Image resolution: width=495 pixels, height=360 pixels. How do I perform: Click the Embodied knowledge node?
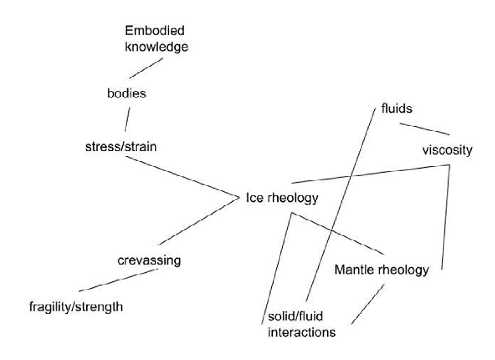point(156,39)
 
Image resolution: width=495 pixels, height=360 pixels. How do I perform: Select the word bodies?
point(127,93)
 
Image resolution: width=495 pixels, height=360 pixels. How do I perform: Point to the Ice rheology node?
point(281,198)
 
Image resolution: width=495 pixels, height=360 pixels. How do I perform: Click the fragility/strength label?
point(76,307)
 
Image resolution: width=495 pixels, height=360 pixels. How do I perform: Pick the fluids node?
point(396,108)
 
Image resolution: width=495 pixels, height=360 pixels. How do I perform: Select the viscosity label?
point(447,150)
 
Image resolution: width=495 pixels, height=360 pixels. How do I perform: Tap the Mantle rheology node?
point(381,270)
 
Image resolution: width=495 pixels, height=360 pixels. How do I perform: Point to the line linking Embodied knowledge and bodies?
point(147,68)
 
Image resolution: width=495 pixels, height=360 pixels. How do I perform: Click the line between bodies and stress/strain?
point(127,119)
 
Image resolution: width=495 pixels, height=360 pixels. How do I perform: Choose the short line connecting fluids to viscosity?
point(425,129)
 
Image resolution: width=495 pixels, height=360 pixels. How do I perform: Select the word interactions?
point(302,331)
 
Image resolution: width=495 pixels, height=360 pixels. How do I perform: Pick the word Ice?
point(252,198)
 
